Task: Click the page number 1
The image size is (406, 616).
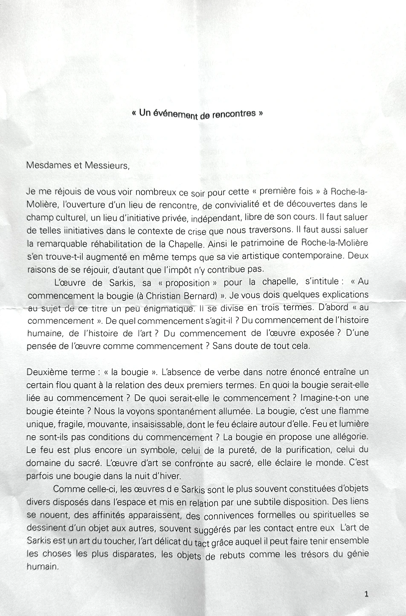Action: pyautogui.click(x=366, y=593)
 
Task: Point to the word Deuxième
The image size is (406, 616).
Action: pyautogui.click(x=45, y=372)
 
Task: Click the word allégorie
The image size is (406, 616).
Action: pyautogui.click(x=344, y=437)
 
